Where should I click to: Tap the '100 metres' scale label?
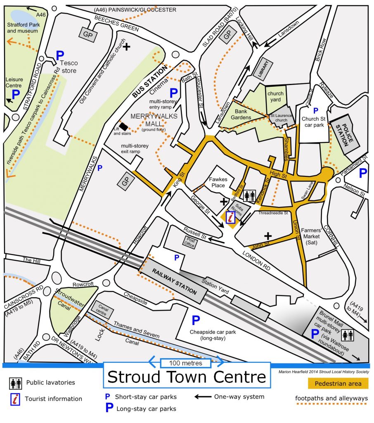pyautogui.click(x=187, y=363)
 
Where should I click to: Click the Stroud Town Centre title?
pyautogui.click(x=187, y=377)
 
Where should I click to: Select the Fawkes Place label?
pyautogui.click(x=216, y=183)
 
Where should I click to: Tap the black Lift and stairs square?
pyautogui.click(x=123, y=126)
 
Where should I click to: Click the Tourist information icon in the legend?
pyautogui.click(x=15, y=399)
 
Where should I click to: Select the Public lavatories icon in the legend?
pyautogui.click(x=15, y=383)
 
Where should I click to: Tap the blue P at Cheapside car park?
pyautogui.click(x=196, y=320)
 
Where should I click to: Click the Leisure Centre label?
pyautogui.click(x=14, y=82)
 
